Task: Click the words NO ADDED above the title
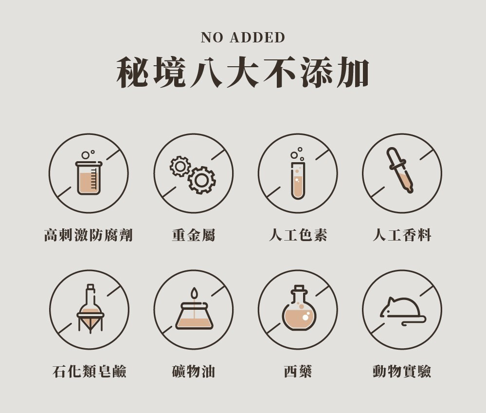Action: click(243, 38)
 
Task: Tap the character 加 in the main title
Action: click(353, 72)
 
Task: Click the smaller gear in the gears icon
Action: click(180, 166)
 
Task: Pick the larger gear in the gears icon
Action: click(201, 180)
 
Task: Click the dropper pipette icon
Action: click(400, 170)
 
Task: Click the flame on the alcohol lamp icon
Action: click(194, 293)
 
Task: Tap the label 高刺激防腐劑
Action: click(89, 235)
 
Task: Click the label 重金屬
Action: click(194, 235)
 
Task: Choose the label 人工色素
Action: click(298, 235)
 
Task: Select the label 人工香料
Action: click(402, 235)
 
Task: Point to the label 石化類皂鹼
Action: click(89, 371)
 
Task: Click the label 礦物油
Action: click(194, 371)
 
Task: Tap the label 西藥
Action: click(298, 371)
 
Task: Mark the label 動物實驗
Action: click(402, 371)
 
